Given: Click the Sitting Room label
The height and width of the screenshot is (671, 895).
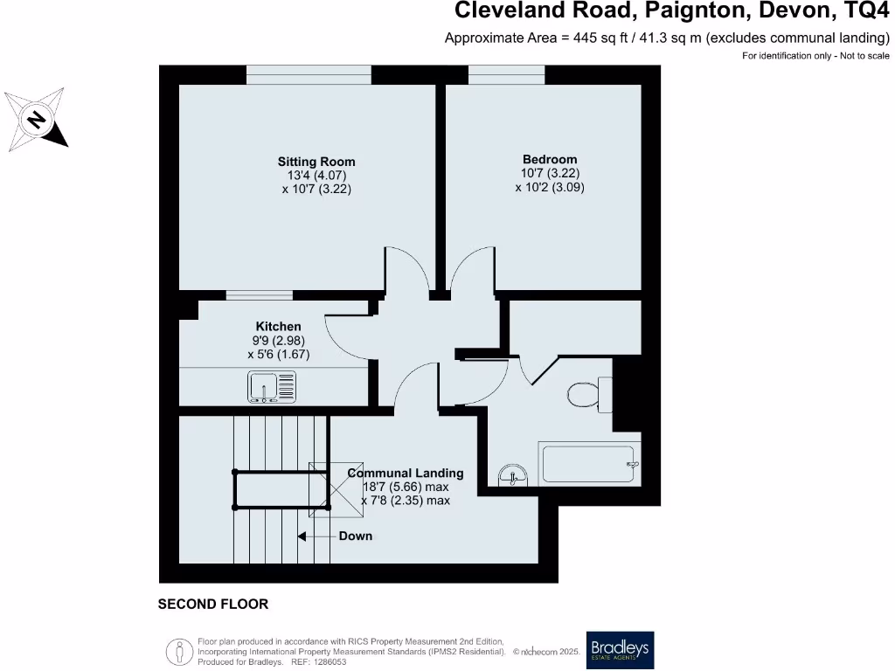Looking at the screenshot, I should click(316, 162).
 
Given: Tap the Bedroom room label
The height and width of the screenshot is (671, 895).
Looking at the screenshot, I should click(550, 159).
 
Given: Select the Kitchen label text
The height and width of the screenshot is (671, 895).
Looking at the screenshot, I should click(278, 326).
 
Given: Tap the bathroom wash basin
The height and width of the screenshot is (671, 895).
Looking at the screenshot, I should click(513, 476).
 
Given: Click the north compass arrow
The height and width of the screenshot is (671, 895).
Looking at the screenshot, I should click(36, 120).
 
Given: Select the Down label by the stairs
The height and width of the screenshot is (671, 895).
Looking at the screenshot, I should click(355, 536).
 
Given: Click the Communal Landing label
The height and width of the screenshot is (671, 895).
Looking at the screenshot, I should click(406, 474).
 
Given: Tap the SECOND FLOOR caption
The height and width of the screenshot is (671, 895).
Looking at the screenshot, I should click(212, 604).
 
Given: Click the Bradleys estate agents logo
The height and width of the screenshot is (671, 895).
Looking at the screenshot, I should click(620, 649).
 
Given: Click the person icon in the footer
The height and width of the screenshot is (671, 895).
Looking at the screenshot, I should click(179, 650).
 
